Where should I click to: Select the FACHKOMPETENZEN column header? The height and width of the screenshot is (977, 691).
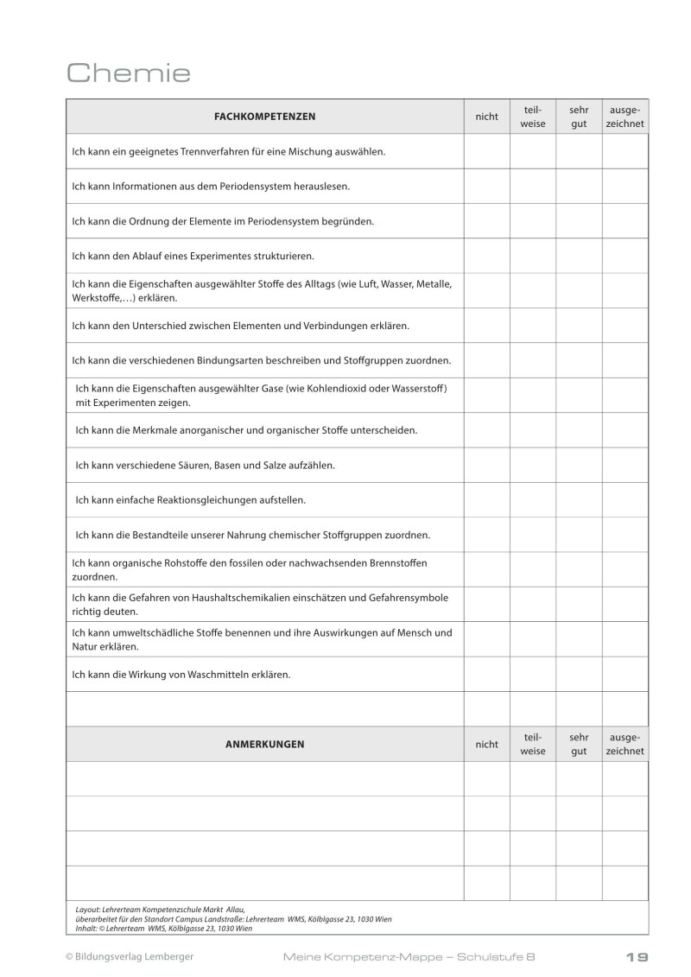(264, 117)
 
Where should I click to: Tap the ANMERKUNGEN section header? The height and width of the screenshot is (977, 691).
(264, 744)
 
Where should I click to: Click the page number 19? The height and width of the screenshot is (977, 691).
(637, 956)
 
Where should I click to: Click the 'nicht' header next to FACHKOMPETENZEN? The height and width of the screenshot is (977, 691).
(486, 117)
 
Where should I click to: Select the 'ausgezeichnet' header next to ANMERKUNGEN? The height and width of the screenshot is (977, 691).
(624, 744)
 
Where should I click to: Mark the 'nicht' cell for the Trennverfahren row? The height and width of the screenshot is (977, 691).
(486, 151)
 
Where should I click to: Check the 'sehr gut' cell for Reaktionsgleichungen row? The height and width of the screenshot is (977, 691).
(578, 499)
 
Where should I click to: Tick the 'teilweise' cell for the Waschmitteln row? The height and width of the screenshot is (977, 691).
(532, 674)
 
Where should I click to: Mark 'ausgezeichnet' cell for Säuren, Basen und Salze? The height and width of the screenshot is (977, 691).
(624, 465)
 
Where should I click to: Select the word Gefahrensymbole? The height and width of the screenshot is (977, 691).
(410, 598)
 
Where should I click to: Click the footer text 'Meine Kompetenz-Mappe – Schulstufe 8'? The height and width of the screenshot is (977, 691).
(414, 956)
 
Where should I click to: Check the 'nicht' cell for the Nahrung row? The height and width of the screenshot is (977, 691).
(486, 535)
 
